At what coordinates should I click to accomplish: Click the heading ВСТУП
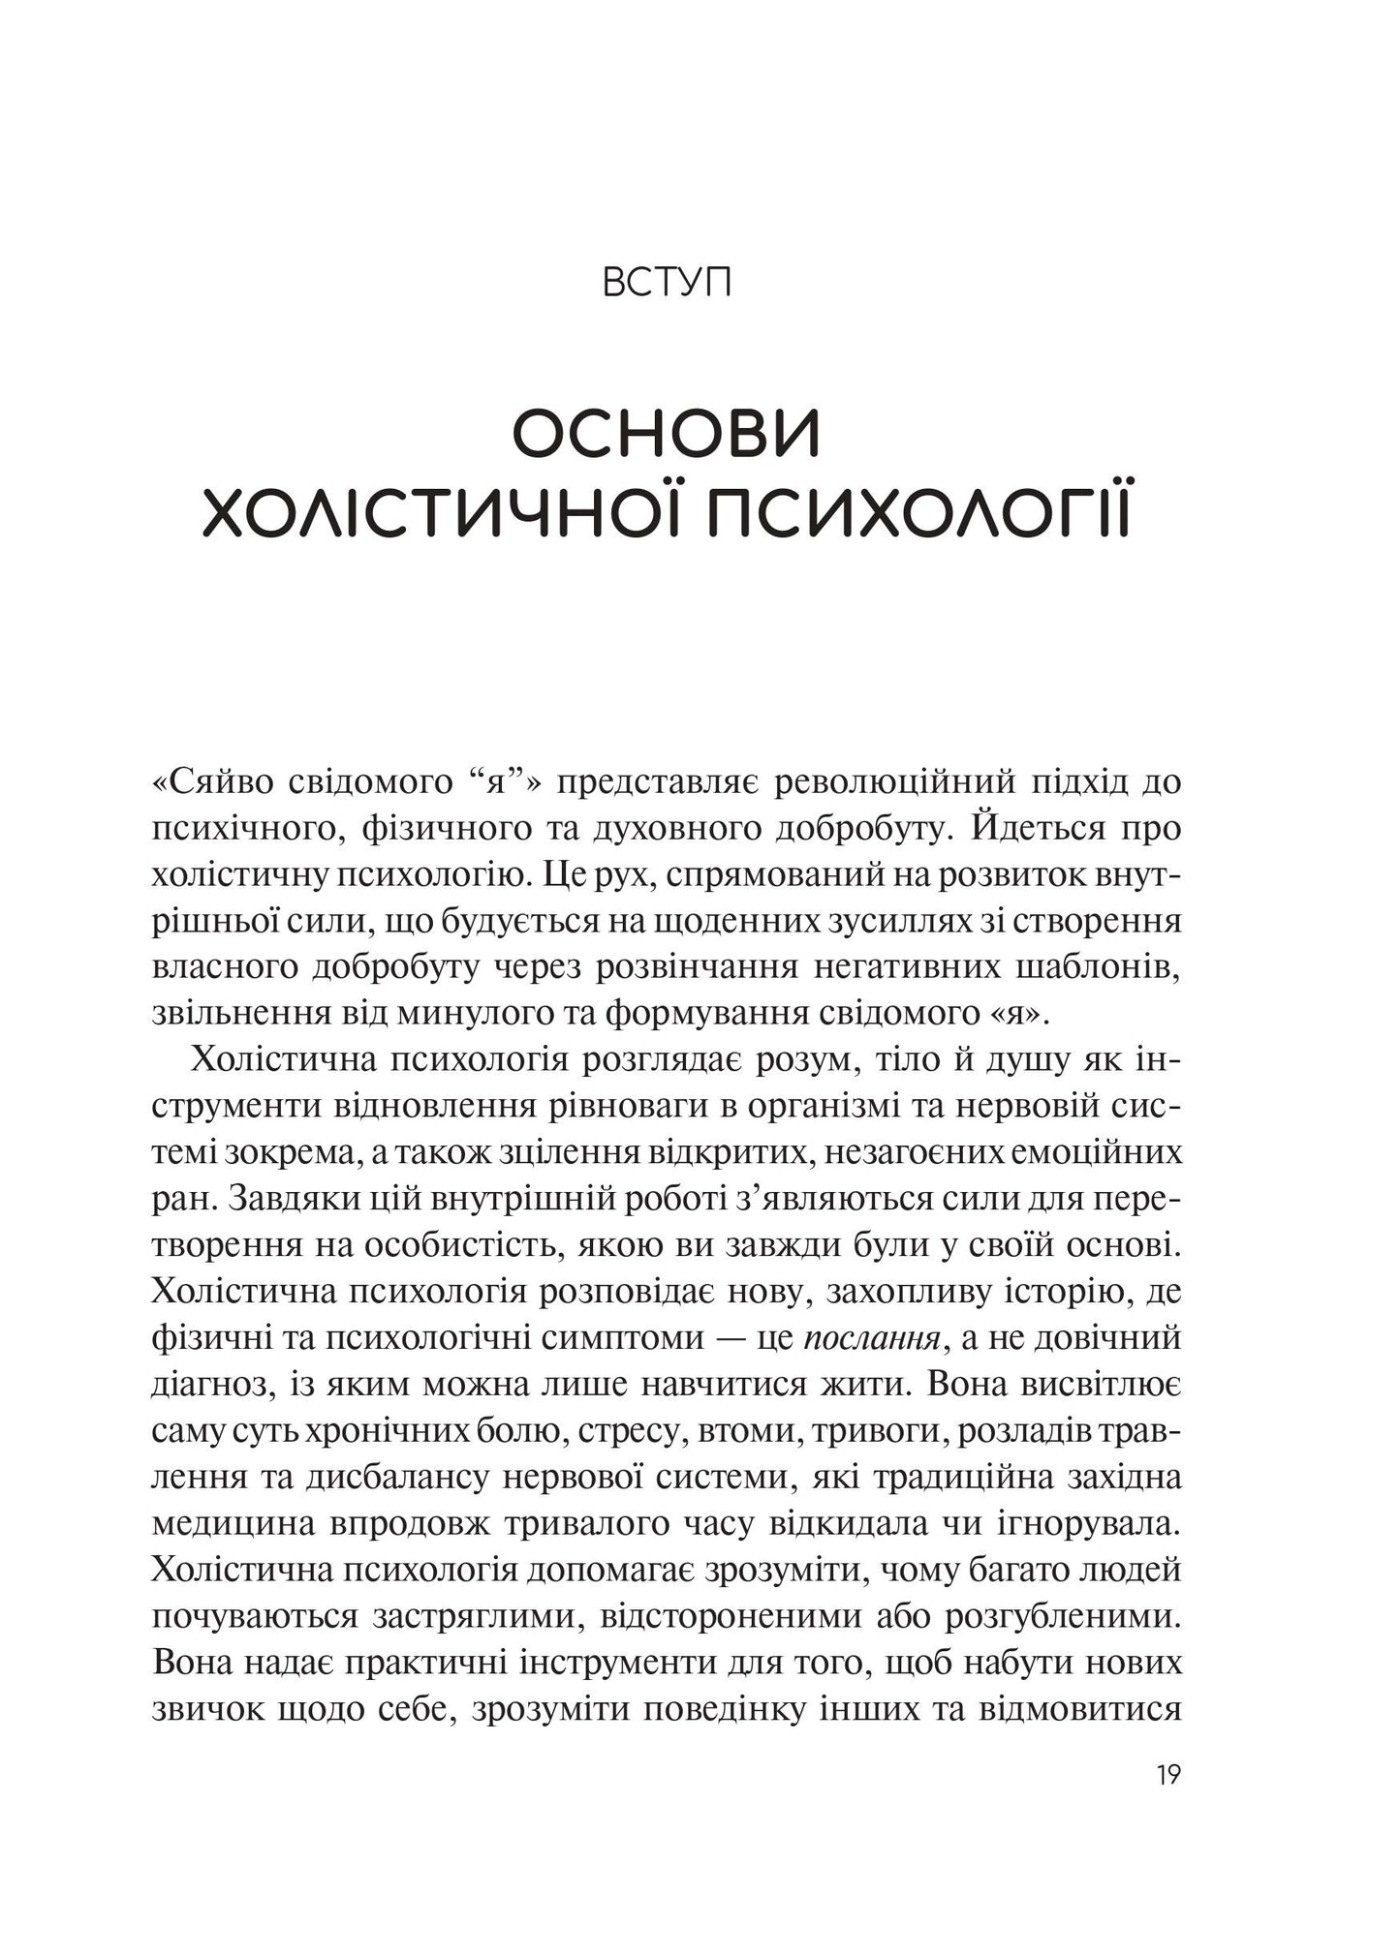[667, 285]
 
